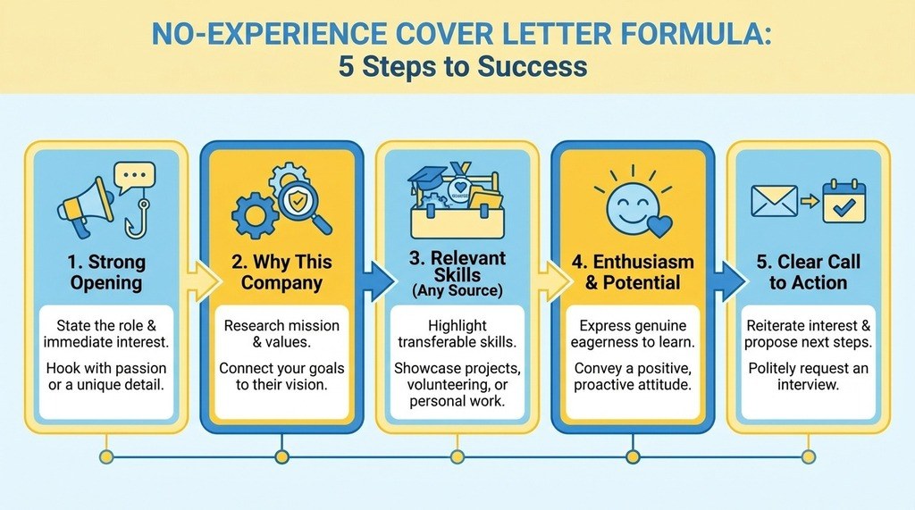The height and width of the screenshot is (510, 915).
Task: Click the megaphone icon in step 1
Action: [x=85, y=206]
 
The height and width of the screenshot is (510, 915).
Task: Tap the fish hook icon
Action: [x=139, y=218]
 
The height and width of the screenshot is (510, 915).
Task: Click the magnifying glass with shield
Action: [x=304, y=205]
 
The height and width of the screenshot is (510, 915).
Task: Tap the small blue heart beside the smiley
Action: [x=660, y=226]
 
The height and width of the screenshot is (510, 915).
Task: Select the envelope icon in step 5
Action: [x=775, y=201]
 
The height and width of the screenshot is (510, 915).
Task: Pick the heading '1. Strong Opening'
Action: [x=106, y=272]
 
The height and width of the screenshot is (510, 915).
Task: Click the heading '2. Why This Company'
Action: [x=281, y=272]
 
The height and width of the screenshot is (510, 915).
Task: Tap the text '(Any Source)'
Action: [x=457, y=290]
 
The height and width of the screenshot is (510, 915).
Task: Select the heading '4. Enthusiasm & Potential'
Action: [x=633, y=272]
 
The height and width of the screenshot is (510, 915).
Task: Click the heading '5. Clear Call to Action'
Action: [x=808, y=272]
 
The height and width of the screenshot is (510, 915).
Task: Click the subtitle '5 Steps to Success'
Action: [x=463, y=66]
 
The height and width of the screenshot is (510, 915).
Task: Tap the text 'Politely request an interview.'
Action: [x=808, y=376]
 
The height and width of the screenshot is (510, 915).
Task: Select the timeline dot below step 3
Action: [x=457, y=456]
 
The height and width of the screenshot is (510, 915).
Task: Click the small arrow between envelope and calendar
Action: [x=810, y=201]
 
